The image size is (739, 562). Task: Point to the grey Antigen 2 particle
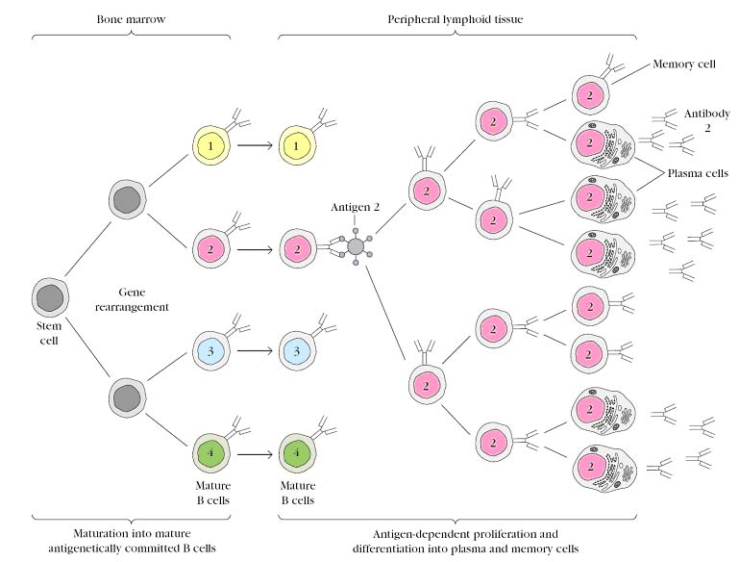pos(356,247)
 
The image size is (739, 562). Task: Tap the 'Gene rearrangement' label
pos(143,298)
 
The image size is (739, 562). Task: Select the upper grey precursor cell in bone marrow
pos(129,198)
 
